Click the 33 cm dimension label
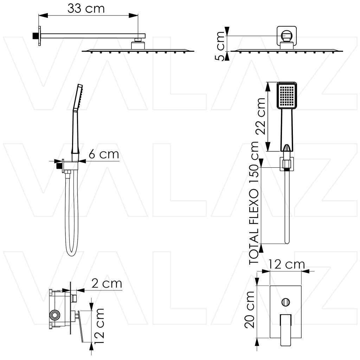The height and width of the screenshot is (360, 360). pos(86,9)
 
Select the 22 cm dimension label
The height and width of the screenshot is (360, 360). pos(261,116)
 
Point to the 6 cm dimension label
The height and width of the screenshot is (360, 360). pos(104,154)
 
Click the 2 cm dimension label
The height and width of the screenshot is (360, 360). pos(107,284)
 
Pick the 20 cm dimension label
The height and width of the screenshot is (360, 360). pos(250,310)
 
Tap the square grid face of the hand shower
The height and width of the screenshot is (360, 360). pos(287,96)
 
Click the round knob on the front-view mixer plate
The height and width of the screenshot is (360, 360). pos(285,302)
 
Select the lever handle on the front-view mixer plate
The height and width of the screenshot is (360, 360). pos(285,330)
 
